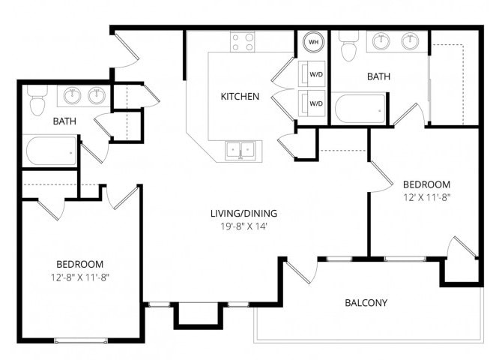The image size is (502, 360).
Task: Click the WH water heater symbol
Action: click(313, 43)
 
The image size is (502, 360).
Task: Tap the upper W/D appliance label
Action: click(315, 74)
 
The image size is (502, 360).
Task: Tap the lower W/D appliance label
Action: click(315, 103)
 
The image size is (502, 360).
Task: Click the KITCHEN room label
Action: click(240, 96)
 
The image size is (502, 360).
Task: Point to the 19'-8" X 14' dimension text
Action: click(240, 225)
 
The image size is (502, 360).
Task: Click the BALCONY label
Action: click(366, 303)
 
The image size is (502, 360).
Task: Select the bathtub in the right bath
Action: click(360, 110)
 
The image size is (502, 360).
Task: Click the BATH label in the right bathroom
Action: click(378, 76)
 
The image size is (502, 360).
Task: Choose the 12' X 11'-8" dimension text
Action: click(426, 197)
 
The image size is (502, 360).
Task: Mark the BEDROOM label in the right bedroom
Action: click(426, 184)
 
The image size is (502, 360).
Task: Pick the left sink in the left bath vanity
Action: click(73, 95)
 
